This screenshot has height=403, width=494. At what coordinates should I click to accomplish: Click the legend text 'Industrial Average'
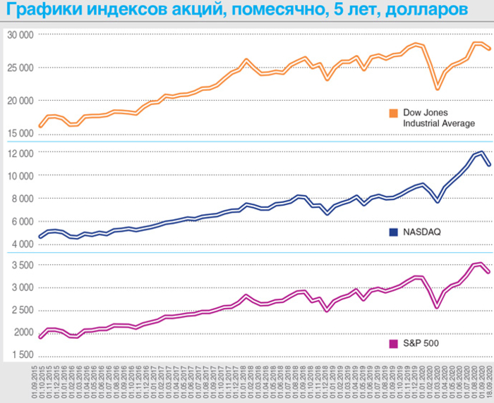pos(438,123)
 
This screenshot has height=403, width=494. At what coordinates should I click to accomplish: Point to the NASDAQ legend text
pos(421,232)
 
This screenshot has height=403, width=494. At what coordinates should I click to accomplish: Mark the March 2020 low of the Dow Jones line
pos(438,89)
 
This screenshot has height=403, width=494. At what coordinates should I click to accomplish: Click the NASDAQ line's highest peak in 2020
pos(481,152)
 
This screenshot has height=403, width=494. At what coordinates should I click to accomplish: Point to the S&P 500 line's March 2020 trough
pos(438,307)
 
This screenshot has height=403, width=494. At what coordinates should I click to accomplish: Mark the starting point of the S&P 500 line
pos(40,337)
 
